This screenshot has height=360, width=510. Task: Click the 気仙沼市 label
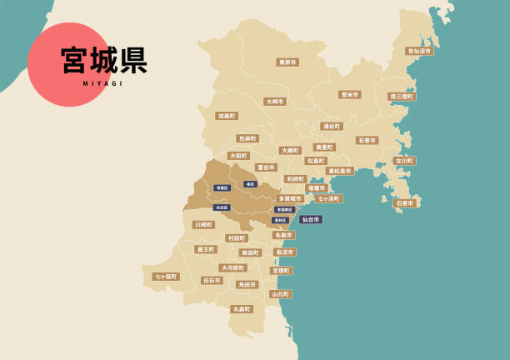tap(419, 51)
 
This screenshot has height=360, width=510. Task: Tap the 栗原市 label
tap(287, 62)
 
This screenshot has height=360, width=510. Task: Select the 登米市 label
tap(349, 95)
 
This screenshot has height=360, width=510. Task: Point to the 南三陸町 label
tap(402, 97)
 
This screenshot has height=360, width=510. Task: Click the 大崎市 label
tap(275, 102)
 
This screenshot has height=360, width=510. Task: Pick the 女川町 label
tap(404, 161)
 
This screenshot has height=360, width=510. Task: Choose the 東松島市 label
tap(340, 171)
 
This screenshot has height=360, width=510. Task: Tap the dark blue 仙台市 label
tap(311, 219)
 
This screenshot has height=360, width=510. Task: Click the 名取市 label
tap(283, 235)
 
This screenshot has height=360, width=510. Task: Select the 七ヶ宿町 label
tap(166, 277)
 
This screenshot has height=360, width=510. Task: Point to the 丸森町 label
tap(242, 309)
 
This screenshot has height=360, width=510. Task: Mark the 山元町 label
tap(280, 294)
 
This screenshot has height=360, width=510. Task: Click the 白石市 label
tap(212, 281)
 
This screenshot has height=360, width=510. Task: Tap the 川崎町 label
tap(203, 224)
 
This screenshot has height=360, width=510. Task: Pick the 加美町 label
tap(227, 116)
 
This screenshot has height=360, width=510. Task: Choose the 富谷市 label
tap(266, 167)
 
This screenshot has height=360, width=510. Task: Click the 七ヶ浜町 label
tap(328, 198)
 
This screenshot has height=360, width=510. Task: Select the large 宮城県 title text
tap(104, 60)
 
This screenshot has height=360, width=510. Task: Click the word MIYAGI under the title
tap(103, 83)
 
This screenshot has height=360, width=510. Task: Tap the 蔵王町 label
tap(205, 249)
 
